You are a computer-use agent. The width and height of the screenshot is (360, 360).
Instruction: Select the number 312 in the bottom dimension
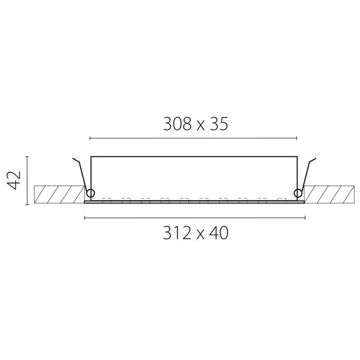(177, 233)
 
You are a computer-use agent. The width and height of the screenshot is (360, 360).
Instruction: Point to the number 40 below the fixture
(219, 233)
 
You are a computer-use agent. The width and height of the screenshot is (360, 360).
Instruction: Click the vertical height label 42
(14, 180)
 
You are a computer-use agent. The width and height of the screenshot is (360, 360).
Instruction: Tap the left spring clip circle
(90, 193)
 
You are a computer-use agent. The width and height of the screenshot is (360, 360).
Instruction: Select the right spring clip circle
(298, 193)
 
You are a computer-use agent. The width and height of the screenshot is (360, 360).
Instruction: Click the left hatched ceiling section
(60, 194)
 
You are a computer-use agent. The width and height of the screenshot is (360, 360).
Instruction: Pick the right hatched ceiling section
(329, 194)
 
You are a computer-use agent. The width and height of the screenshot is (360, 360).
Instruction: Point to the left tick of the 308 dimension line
(90, 138)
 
